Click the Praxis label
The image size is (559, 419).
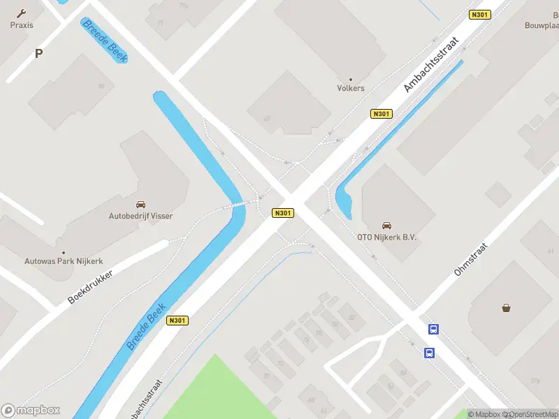(21, 25)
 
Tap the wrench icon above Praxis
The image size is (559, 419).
(21, 13)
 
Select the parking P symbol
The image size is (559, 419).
(38, 53)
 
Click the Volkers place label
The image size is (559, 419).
(351, 89)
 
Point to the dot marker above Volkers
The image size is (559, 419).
(351, 79)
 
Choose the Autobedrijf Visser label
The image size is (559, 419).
(140, 216)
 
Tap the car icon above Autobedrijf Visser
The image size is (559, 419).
(140, 205)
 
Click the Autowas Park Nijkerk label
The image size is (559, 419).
(64, 261)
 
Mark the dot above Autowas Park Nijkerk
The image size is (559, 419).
(64, 252)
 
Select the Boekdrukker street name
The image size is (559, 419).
(90, 286)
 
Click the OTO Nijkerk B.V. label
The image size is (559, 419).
(386, 237)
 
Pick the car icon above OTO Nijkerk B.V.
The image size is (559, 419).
(386, 226)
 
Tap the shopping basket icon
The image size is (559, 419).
(506, 307)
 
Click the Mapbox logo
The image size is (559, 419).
(31, 411)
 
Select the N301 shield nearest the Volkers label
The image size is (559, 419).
(381, 114)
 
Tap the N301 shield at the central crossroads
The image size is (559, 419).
(283, 213)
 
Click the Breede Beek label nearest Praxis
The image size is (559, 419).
(105, 41)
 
